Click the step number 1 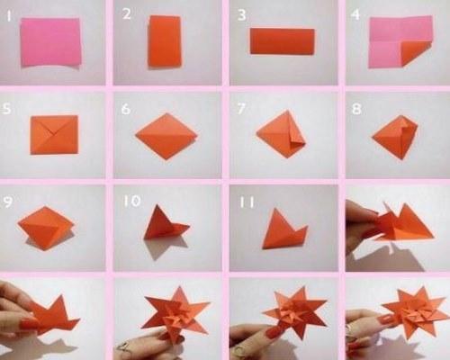point(9,16)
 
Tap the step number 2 point(127,14)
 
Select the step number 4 point(355,14)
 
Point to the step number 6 point(126,109)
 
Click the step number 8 point(356,109)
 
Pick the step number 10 point(132,201)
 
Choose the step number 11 point(247,202)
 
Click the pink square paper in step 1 point(50,42)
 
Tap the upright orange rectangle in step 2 point(165,41)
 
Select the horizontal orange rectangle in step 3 point(283,41)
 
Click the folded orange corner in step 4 point(416,53)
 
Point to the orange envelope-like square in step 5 point(54,134)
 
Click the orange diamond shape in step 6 point(166,136)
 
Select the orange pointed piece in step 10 point(165,224)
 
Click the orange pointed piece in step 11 point(283,229)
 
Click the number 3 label point(241,15)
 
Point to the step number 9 point(8,202)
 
